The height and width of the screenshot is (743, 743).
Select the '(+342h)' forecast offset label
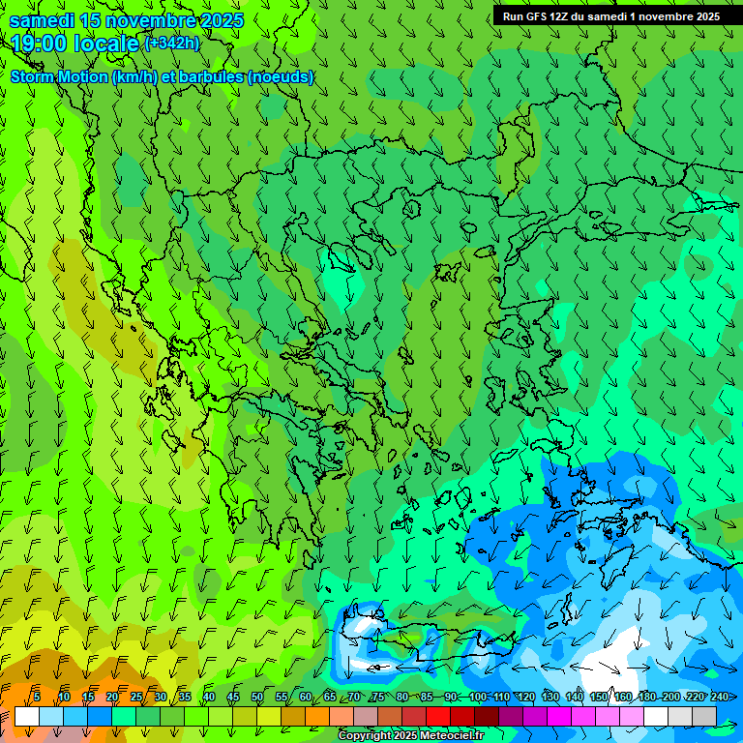(x=171, y=43)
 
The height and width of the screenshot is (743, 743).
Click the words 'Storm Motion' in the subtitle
(x=59, y=77)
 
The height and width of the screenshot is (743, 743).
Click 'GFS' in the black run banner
(x=536, y=16)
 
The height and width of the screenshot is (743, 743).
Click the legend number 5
(x=37, y=697)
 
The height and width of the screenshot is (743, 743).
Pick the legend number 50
(x=257, y=697)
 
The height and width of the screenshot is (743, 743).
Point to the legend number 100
(x=477, y=697)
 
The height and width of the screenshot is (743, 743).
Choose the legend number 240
(x=720, y=697)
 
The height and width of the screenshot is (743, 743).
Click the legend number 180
(x=647, y=697)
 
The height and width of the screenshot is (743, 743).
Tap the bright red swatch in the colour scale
(x=438, y=716)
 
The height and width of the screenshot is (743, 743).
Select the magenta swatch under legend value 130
(x=559, y=716)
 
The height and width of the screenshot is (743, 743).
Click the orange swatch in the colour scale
(x=293, y=716)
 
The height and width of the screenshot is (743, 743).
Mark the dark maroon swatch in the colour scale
(x=487, y=716)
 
